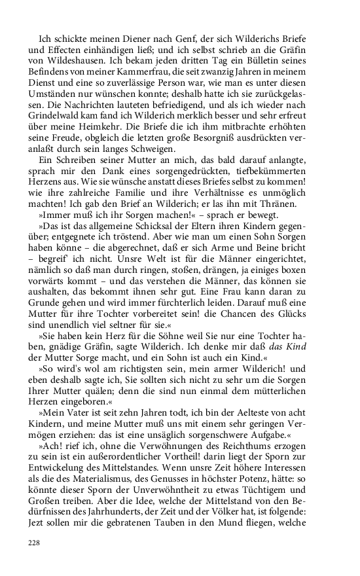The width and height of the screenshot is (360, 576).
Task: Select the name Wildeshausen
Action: click(x=77, y=56)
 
